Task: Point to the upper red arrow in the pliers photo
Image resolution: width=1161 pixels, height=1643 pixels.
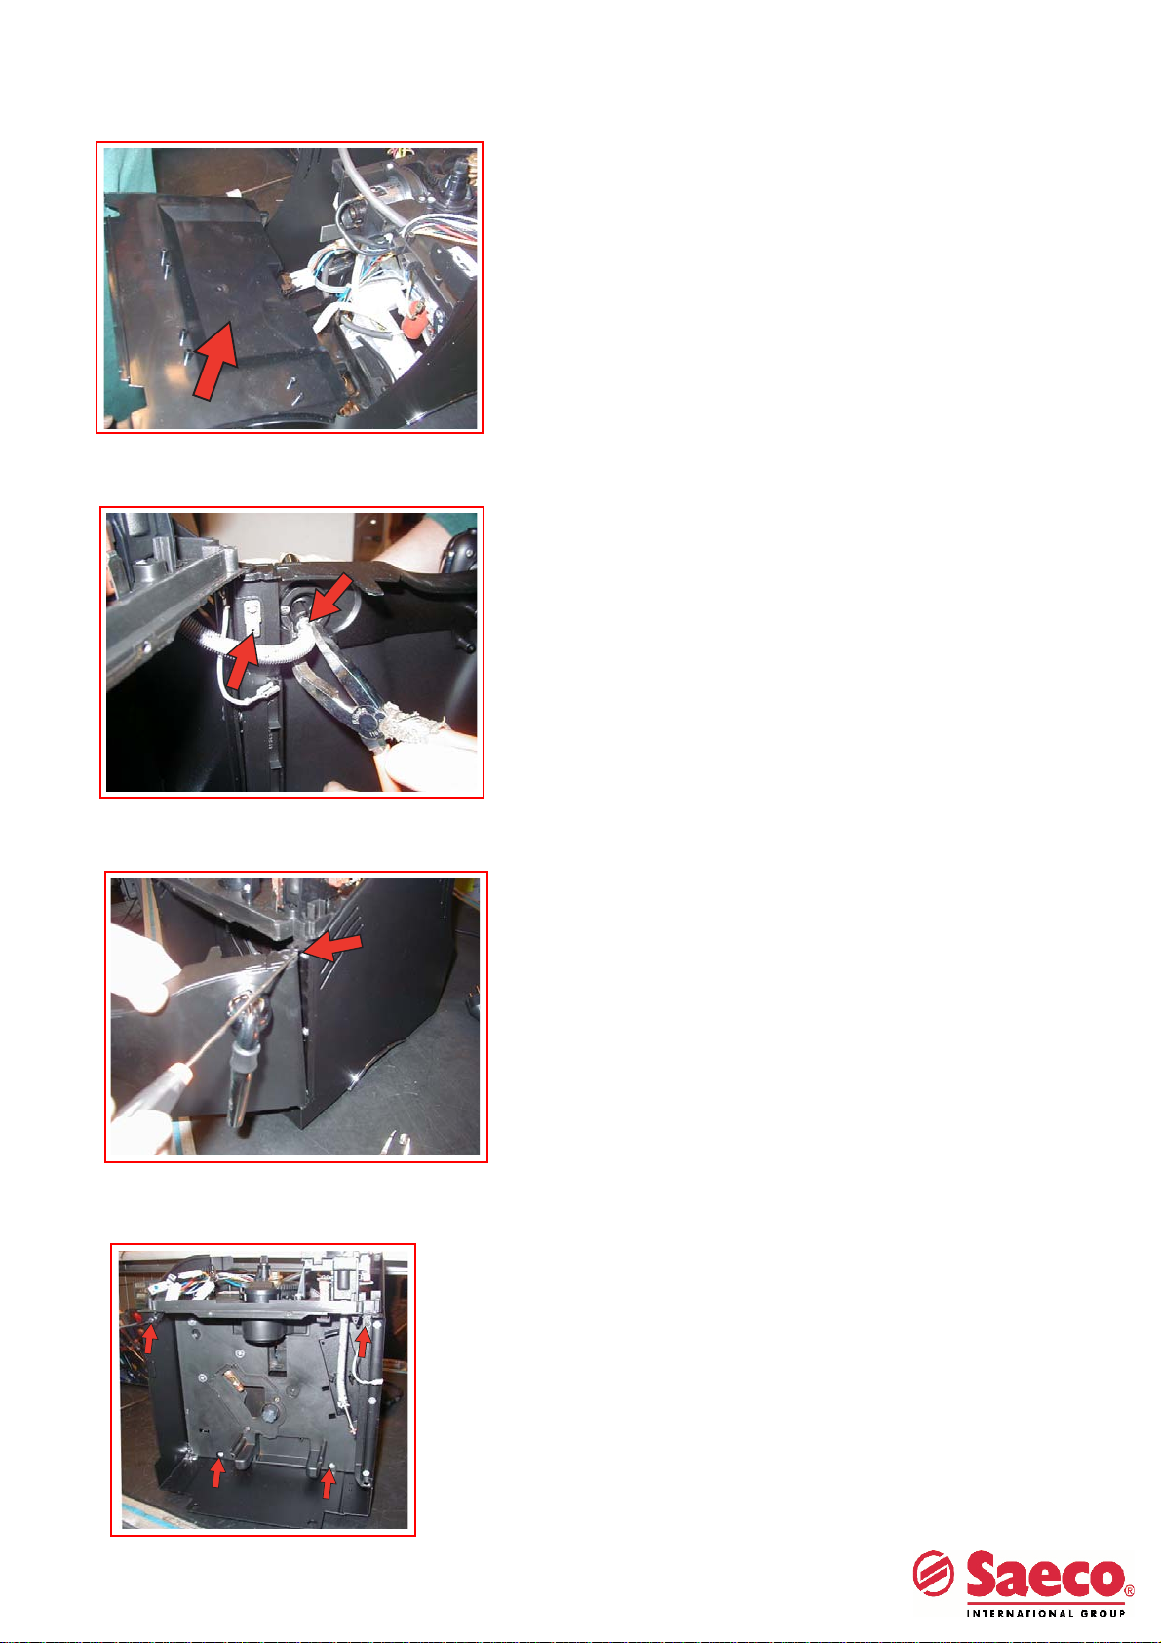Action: (x=329, y=597)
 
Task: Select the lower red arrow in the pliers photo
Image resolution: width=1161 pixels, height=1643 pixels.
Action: (x=243, y=660)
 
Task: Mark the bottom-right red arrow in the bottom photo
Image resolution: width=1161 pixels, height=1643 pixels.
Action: (x=329, y=1483)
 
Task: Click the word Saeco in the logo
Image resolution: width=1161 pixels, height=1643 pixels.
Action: (x=1044, y=1574)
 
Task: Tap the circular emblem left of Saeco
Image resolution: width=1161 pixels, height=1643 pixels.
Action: (x=933, y=1574)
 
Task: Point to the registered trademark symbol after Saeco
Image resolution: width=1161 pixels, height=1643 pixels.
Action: (x=1130, y=1591)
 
